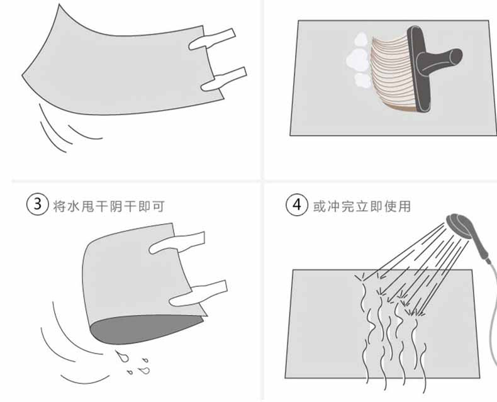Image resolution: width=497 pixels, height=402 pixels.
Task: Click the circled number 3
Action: (37, 205)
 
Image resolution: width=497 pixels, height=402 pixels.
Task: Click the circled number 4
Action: (297, 205)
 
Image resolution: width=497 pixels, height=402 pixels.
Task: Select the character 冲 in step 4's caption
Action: (333, 206)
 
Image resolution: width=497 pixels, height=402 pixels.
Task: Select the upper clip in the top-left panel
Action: (212, 39)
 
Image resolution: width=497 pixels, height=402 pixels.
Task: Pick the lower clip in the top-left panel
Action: (224, 79)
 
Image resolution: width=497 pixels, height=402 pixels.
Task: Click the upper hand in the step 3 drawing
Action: (177, 243)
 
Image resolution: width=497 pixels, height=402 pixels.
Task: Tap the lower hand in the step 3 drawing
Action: (198, 294)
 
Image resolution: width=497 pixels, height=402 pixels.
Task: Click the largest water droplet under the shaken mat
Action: (122, 356)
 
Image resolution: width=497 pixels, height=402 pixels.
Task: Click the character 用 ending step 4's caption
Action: (405, 206)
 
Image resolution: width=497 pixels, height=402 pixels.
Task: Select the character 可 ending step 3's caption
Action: (158, 206)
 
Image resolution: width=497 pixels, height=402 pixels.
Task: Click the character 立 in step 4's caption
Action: (362, 206)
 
